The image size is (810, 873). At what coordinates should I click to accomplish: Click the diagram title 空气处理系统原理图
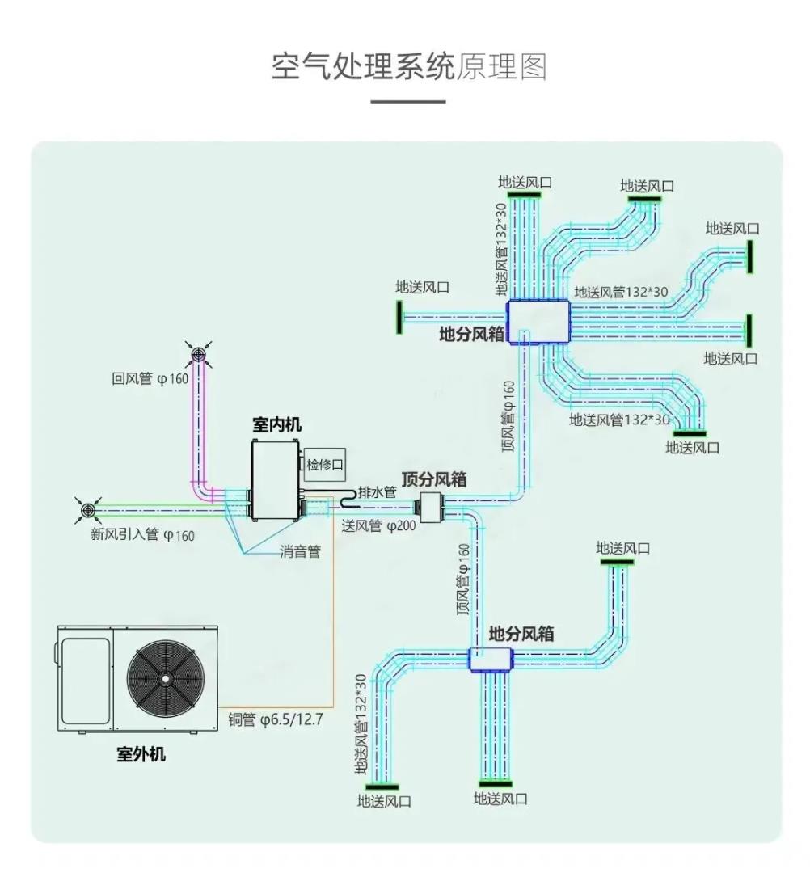click(x=408, y=67)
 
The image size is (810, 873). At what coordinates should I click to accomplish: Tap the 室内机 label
click(x=276, y=424)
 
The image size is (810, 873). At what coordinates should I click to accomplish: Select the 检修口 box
click(x=325, y=464)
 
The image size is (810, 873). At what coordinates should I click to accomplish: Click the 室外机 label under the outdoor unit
click(x=141, y=754)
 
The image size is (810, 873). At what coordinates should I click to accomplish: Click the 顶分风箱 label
click(x=434, y=479)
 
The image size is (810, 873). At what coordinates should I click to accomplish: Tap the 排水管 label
click(x=378, y=492)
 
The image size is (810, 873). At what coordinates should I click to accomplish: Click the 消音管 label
click(x=300, y=553)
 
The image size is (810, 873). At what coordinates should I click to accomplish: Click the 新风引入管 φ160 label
click(x=142, y=534)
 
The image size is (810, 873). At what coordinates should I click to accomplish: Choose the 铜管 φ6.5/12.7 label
click(x=276, y=719)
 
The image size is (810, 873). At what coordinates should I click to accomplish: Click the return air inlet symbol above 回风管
click(x=199, y=354)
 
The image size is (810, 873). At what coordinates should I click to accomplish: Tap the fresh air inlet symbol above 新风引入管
click(x=88, y=510)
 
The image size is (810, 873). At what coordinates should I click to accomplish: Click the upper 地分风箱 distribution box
click(x=538, y=323)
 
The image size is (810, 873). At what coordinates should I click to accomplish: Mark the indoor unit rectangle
click(x=276, y=482)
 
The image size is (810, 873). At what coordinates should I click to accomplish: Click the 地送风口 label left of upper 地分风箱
click(x=422, y=287)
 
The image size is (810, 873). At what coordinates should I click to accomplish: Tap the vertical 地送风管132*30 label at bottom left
click(x=361, y=726)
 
